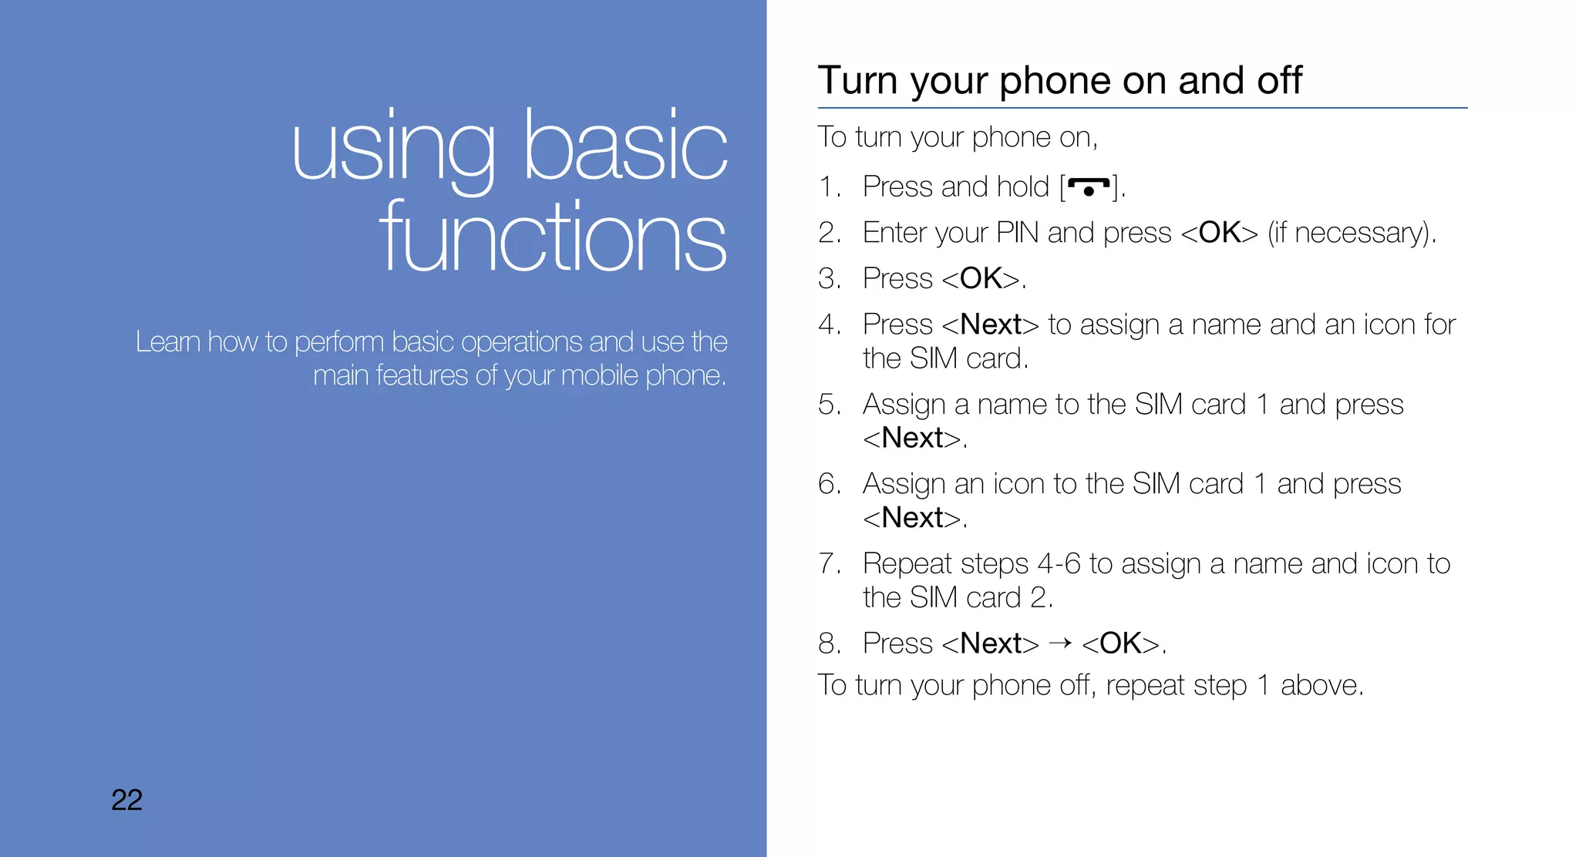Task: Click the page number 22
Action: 126,800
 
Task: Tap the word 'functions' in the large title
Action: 552,237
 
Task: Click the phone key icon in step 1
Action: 1088,187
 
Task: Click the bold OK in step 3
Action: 981,278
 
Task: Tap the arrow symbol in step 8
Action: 1060,642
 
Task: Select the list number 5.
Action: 828,405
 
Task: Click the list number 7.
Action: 828,564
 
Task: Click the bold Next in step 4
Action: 991,324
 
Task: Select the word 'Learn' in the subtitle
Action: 168,341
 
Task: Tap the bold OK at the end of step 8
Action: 1120,644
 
